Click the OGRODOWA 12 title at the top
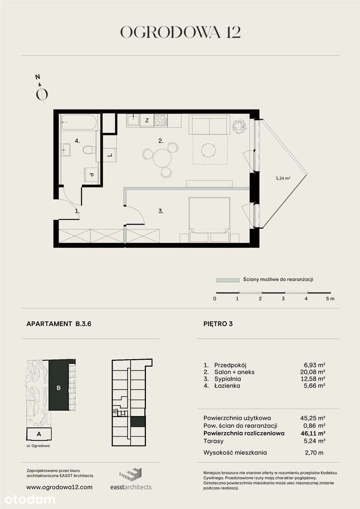[180, 32]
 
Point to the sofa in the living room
[209, 124]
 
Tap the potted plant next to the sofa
[239, 125]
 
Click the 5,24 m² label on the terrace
[283, 178]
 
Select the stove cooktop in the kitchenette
[160, 121]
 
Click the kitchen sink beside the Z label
[134, 121]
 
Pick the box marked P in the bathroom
[91, 175]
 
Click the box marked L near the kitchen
[110, 156]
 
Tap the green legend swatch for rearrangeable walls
[227, 280]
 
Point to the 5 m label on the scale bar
[330, 299]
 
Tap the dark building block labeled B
[59, 387]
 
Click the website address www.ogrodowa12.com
[59, 487]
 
